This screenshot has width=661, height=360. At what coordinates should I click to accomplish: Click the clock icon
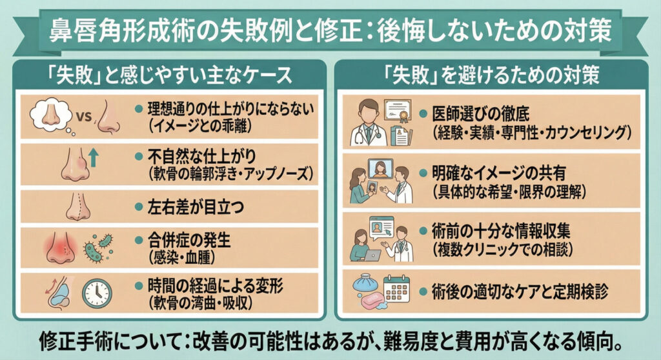pos(96,292)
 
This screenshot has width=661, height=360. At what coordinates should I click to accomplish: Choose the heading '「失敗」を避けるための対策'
pos(488,74)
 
